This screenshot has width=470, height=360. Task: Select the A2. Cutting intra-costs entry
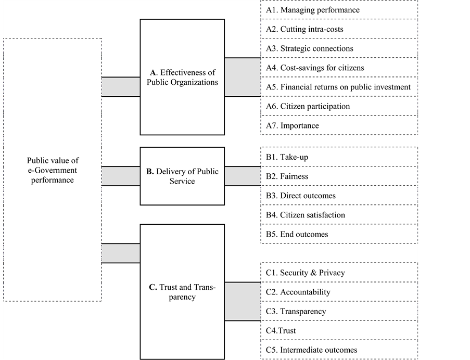[304, 29]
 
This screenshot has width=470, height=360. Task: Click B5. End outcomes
[297, 234]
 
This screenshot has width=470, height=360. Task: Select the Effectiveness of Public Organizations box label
[182, 78]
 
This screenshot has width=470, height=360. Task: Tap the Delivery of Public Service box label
[182, 176]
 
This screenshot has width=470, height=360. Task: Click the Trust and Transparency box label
[182, 292]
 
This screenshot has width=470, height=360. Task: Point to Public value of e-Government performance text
[53, 171]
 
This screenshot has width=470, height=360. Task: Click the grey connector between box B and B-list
[243, 176]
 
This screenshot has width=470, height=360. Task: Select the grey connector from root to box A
[121, 87]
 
